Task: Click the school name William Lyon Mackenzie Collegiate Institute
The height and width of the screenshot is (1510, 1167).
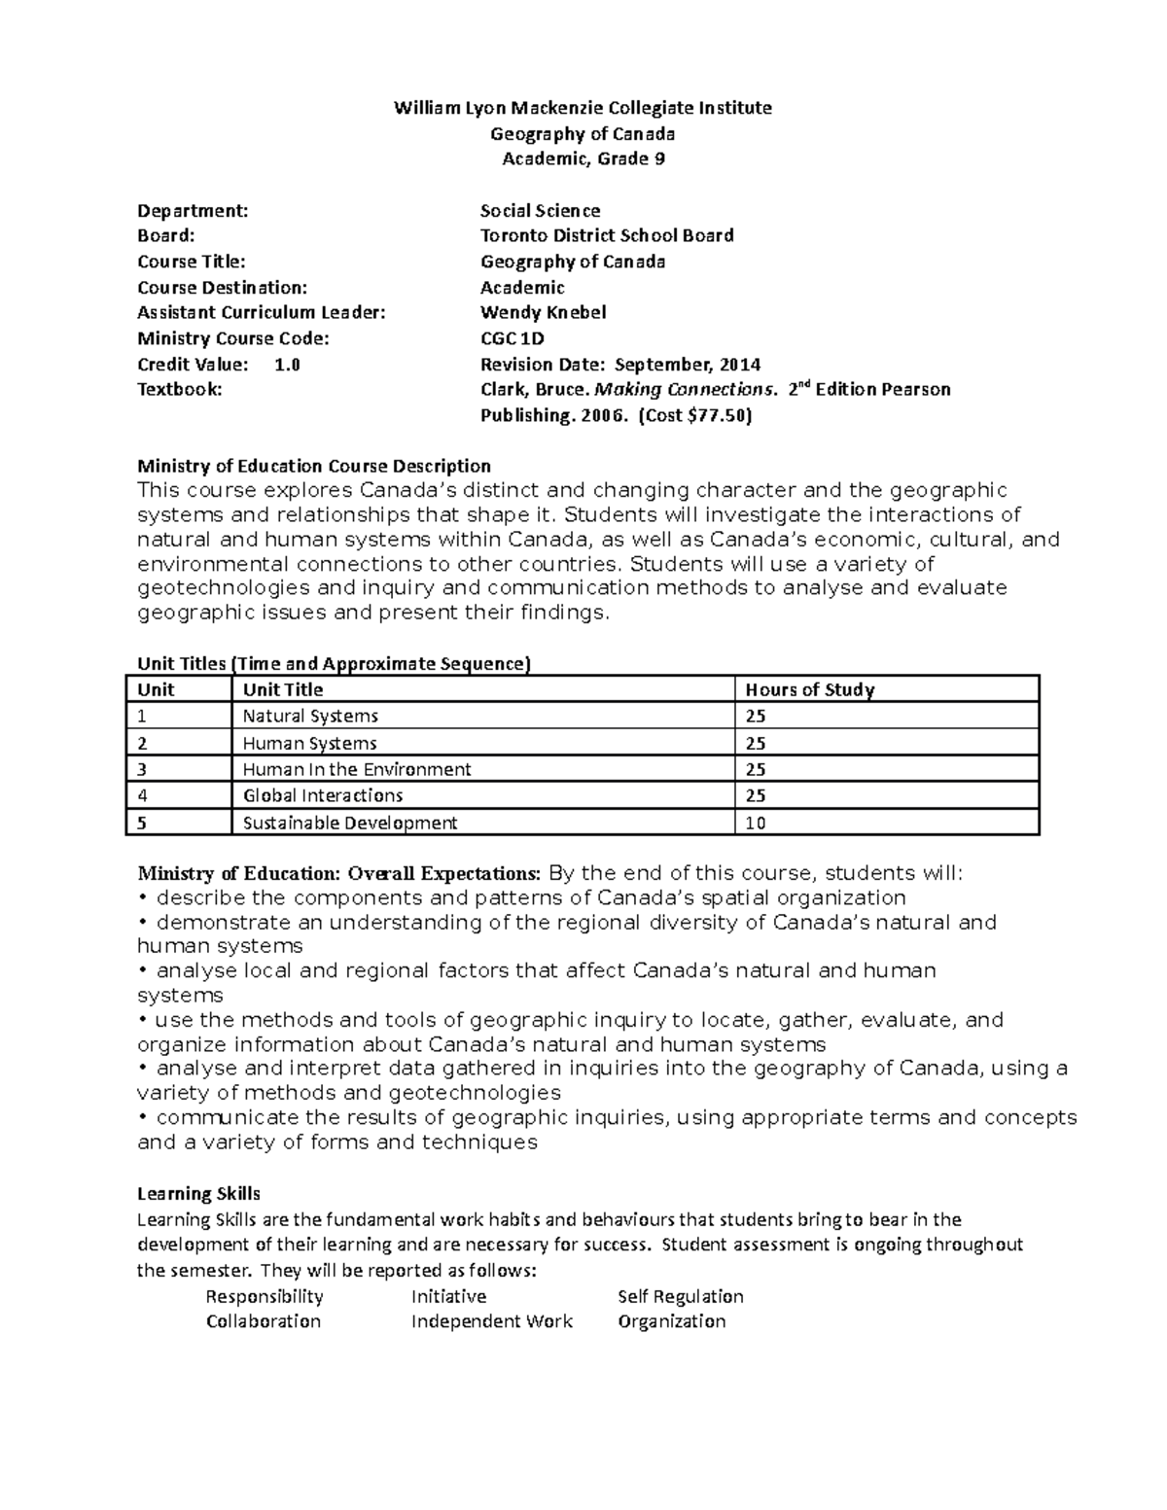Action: [x=583, y=108]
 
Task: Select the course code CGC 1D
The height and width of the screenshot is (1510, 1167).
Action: [x=513, y=338]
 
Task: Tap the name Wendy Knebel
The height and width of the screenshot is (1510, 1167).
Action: [x=543, y=312]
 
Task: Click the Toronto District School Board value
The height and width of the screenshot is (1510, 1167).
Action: [x=607, y=235]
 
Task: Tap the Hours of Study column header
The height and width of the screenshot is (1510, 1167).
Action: [x=809, y=689]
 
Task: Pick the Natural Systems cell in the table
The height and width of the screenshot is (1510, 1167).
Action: [x=310, y=716]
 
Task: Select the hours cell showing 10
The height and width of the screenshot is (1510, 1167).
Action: [x=756, y=823]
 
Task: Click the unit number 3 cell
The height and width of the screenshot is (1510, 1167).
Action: [x=142, y=769]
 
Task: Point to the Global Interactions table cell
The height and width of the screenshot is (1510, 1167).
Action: [x=323, y=795]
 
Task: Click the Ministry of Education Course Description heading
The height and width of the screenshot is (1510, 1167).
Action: [x=314, y=465]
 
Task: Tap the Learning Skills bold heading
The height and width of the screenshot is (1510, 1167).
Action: [x=198, y=1193]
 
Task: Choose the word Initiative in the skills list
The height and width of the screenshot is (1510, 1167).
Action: [x=448, y=1296]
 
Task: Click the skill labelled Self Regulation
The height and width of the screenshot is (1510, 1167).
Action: [x=681, y=1296]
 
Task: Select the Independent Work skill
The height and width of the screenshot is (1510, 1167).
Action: [x=492, y=1321]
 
